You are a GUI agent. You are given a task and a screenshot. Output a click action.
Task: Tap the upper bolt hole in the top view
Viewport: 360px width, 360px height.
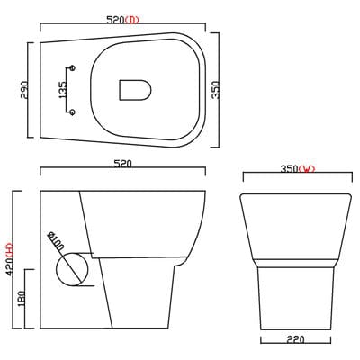tap(71, 68)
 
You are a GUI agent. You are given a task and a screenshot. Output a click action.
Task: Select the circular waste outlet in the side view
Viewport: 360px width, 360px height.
tap(73, 269)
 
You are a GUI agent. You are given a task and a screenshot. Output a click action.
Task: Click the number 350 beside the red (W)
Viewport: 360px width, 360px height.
tap(289, 168)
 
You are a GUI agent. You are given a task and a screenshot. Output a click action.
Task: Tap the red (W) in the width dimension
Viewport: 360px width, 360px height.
tap(308, 168)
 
